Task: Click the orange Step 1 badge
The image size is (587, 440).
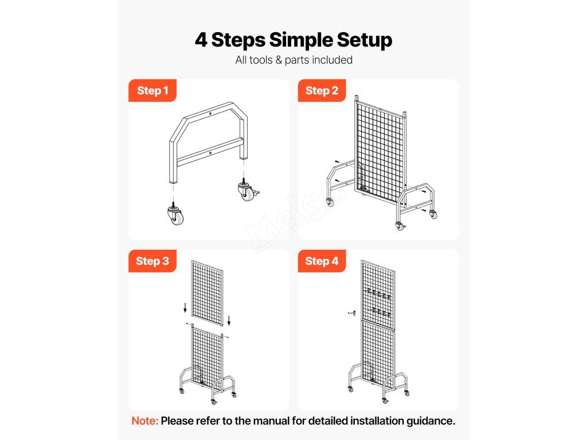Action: coord(152,91)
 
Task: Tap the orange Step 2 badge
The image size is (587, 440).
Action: coord(322,91)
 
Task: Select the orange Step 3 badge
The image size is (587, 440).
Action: coord(152,261)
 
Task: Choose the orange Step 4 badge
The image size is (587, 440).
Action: coord(322,261)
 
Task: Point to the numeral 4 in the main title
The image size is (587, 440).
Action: coord(201,40)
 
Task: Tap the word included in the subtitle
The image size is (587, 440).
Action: coord(332,60)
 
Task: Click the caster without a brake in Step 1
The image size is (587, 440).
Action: coord(175,214)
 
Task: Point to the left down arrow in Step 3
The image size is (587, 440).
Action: coord(185,308)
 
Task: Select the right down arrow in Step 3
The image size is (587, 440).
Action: coord(229,321)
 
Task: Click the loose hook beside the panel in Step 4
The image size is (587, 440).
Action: coord(351,313)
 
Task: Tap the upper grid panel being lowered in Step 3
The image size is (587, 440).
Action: coord(208,293)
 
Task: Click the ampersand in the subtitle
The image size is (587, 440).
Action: coord(279,60)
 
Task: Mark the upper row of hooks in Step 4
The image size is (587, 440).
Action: coord(379,294)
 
